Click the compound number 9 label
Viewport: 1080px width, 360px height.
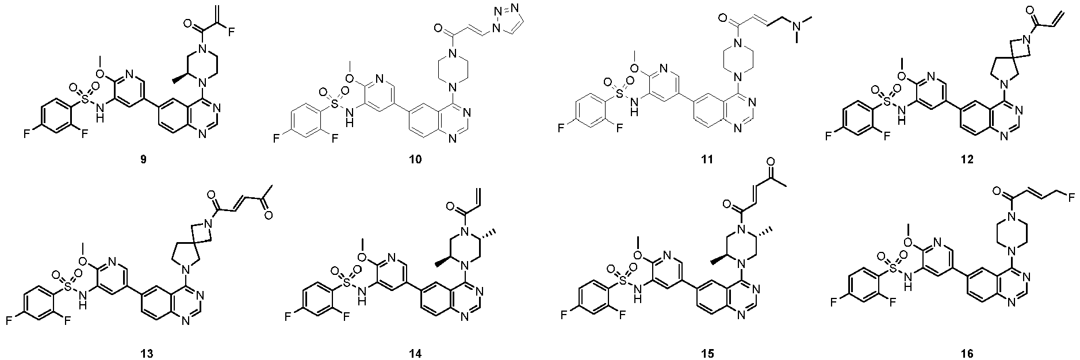pyautogui.click(x=143, y=159)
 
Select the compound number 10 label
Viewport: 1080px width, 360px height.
pyautogui.click(x=415, y=159)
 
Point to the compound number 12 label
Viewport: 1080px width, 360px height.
pyautogui.click(x=966, y=159)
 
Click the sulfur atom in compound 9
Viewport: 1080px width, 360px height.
pyautogui.click(x=84, y=99)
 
